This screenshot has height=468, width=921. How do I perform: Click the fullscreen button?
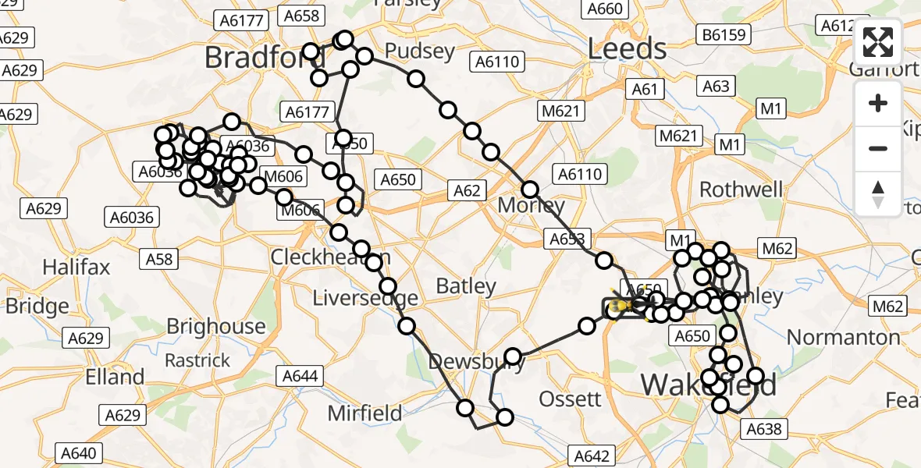pyautogui.click(x=878, y=42)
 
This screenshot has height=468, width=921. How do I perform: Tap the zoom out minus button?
pyautogui.click(x=878, y=148)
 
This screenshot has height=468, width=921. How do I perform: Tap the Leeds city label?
pyautogui.click(x=627, y=49)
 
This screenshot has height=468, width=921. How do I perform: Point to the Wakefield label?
pyautogui.click(x=709, y=385)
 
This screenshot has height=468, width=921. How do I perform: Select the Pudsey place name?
pyautogui.click(x=421, y=52)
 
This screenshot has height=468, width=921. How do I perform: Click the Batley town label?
pyautogui.click(x=466, y=286)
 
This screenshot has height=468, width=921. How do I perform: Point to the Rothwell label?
pyautogui.click(x=741, y=190)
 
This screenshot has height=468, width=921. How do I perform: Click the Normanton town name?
pyautogui.click(x=844, y=337)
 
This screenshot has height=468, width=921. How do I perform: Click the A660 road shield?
pyautogui.click(x=604, y=9)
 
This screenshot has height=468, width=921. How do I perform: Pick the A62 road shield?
pyautogui.click(x=467, y=190)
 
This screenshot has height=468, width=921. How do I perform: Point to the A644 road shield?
pyautogui.click(x=300, y=377)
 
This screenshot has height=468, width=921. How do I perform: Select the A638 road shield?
pyautogui.click(x=763, y=428)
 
